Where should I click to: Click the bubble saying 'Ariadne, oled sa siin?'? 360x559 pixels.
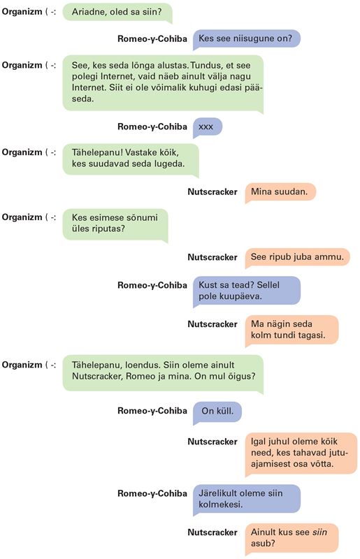[x=117, y=12]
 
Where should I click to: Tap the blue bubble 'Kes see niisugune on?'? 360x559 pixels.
[x=246, y=38]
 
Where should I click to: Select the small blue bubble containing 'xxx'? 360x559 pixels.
[x=208, y=127]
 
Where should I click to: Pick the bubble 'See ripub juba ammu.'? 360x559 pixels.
[x=297, y=257]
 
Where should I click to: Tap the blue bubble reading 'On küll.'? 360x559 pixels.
[x=217, y=412]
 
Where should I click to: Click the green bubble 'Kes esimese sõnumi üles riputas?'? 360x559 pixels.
[x=115, y=224]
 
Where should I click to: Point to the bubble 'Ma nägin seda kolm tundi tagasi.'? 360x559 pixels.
[x=291, y=330]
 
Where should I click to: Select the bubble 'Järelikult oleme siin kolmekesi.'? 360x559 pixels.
[x=247, y=499]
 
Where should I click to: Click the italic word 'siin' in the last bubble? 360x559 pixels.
[x=319, y=532]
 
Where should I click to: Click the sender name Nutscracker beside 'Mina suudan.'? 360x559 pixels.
[x=213, y=191]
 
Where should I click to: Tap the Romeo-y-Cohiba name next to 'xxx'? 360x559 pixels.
[x=152, y=126]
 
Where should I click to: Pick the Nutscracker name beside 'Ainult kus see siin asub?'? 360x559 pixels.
[x=213, y=532]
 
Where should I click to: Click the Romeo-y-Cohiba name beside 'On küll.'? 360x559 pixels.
[x=152, y=411]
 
